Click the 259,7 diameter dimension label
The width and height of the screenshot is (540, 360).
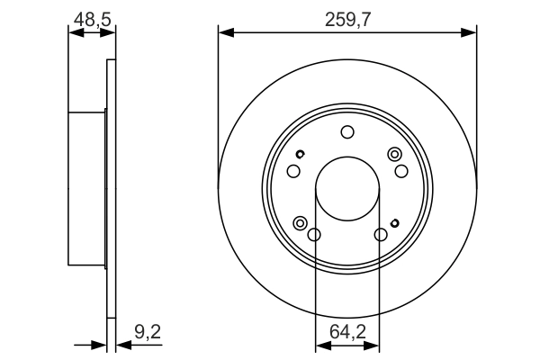tap(347, 16)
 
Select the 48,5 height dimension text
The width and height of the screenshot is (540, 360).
tap(92, 16)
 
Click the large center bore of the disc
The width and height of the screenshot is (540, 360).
tap(347, 192)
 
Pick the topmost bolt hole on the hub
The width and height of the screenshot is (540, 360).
tap(347, 133)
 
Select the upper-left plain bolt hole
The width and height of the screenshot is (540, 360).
tap(292, 171)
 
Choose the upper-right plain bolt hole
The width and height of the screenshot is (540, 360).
tap(402, 171)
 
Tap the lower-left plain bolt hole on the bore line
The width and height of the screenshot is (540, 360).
tap(314, 235)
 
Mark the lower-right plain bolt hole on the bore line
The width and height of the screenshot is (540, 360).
tap(381, 235)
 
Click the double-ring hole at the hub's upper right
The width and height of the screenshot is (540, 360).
tap(393, 155)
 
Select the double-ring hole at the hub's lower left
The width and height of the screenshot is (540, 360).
tap(301, 221)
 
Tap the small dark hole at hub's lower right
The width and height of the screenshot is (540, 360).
tap(395, 222)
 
